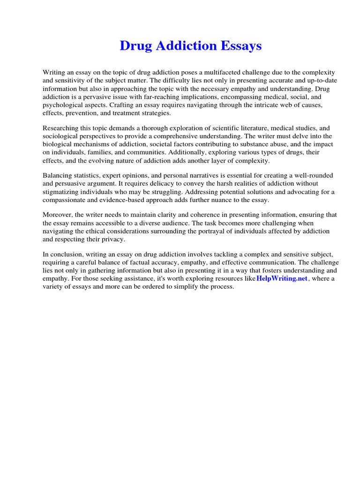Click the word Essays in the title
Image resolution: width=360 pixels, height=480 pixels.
pos(238,46)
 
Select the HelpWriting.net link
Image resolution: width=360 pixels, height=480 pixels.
pos(282,278)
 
